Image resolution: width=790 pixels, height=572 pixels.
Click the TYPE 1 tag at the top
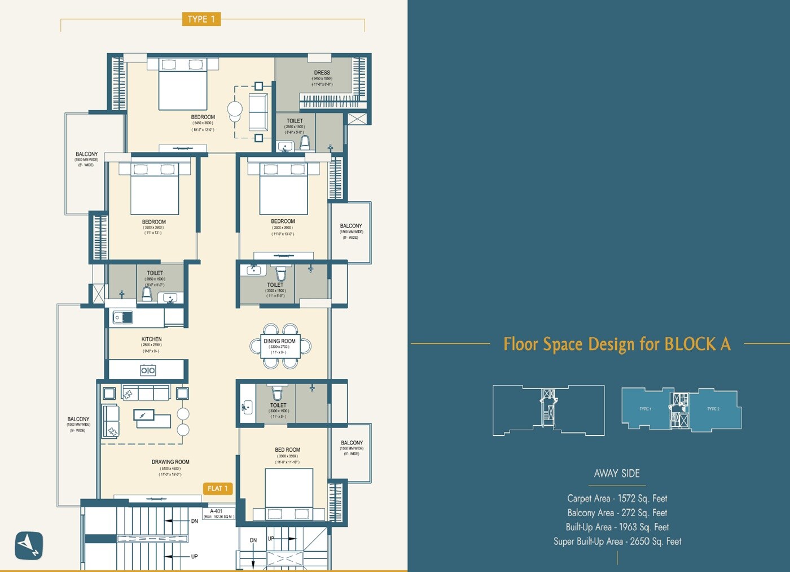(x=201, y=19)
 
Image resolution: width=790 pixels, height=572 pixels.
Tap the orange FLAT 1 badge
(x=217, y=488)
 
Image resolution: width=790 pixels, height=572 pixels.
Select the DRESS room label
(x=322, y=73)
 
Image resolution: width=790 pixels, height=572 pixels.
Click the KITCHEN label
(x=151, y=339)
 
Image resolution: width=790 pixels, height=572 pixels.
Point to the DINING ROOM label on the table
(x=279, y=341)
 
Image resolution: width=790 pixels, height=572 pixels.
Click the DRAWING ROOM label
(x=170, y=462)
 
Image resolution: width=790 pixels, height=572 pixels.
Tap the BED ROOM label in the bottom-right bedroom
(x=287, y=450)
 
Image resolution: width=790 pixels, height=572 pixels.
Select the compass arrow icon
(x=29, y=545)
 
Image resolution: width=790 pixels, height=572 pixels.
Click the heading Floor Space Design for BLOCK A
(x=617, y=344)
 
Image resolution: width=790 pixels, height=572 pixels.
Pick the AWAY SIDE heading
(x=617, y=474)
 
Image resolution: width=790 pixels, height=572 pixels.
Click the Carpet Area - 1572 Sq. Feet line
(x=617, y=499)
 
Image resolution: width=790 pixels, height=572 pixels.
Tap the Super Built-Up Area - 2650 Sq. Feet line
(x=617, y=542)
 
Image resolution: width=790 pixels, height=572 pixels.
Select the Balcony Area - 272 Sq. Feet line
(x=617, y=513)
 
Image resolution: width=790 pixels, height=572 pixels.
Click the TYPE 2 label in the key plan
(x=713, y=409)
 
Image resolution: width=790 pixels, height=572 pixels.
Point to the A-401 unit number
(x=216, y=511)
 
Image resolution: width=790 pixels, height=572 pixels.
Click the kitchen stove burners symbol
(x=148, y=370)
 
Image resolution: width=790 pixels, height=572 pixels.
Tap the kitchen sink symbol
(x=123, y=318)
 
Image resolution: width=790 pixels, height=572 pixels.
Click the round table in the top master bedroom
(x=235, y=109)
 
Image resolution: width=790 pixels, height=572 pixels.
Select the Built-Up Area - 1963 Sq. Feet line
(x=617, y=527)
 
